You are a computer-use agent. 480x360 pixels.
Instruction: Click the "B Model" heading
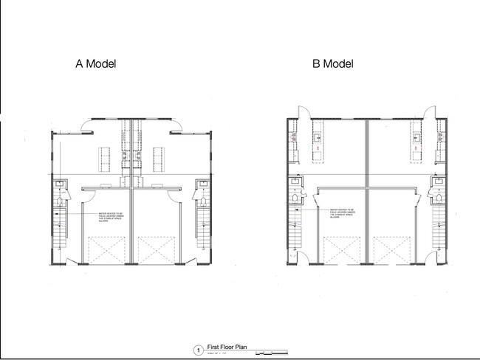[332, 64]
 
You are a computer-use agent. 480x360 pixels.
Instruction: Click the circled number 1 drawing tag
[197, 350]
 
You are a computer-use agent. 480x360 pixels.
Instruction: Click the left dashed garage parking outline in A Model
[107, 249]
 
